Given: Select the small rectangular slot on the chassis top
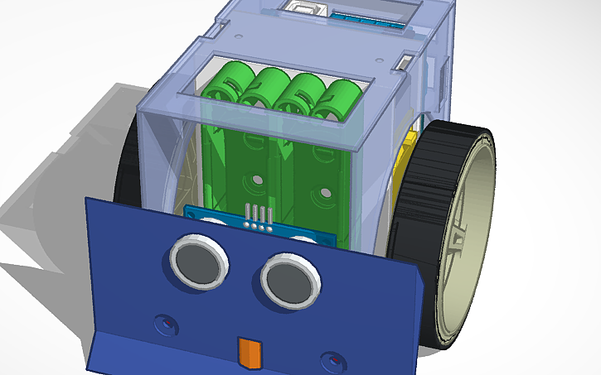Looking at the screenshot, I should [x=405, y=63].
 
